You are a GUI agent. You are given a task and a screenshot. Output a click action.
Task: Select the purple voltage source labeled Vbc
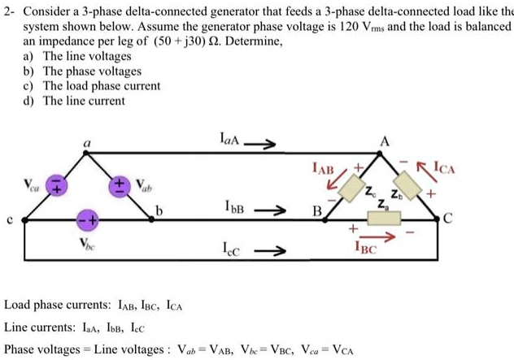coord(87,219)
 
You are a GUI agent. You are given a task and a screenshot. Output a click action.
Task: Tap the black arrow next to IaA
coord(264,146)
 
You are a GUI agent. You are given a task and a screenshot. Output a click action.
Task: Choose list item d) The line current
coord(76,100)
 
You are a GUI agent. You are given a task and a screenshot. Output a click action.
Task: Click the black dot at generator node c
coord(25,219)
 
